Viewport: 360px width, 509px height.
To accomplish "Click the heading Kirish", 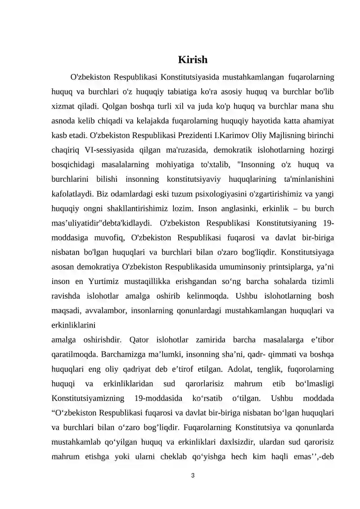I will [x=193, y=59].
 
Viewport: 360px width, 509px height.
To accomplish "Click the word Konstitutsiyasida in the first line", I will [x=189, y=77].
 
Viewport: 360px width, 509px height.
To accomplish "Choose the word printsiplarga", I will [x=288, y=266].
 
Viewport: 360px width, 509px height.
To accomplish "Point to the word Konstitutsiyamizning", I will [x=88, y=398].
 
